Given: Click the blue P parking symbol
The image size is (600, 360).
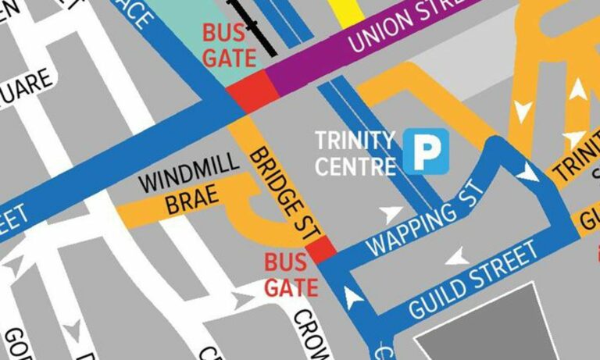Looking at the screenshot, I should [x=426, y=151].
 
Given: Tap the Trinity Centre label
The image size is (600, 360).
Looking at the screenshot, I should [x=355, y=152].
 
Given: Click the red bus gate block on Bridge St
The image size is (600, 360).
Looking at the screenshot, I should [x=321, y=251].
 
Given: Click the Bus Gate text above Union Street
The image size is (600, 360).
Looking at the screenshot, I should [x=229, y=45].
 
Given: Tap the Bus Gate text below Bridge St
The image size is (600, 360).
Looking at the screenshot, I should [x=290, y=274].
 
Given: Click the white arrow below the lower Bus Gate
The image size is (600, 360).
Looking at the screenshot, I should [x=354, y=296].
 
